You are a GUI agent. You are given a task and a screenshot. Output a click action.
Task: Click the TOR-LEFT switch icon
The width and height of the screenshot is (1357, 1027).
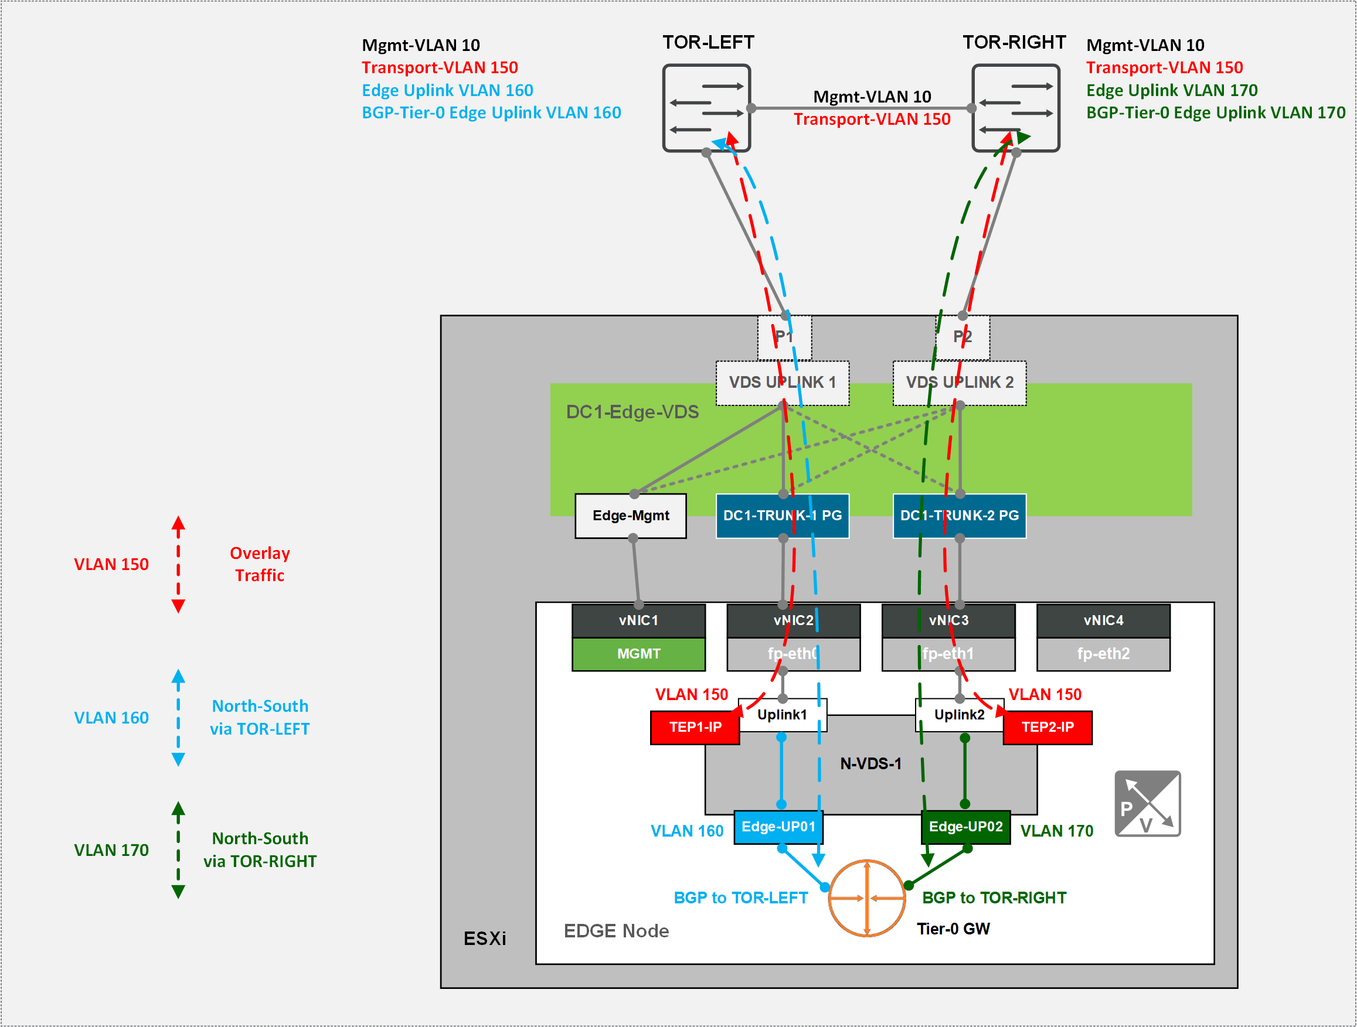pyautogui.click(x=706, y=108)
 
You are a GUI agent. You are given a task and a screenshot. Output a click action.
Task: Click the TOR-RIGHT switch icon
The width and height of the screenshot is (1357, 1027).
pyautogui.click(x=1016, y=108)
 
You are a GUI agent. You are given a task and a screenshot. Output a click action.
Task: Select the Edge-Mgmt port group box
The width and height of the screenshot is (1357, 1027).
pyautogui.click(x=631, y=516)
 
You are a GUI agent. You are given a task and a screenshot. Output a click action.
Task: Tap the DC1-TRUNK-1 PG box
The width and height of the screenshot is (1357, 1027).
pyautogui.click(x=782, y=516)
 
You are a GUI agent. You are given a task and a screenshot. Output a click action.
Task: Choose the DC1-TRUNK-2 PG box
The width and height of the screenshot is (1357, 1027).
pyautogui.click(x=960, y=516)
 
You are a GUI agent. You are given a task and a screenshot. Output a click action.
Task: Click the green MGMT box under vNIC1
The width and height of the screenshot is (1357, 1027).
pyautogui.click(x=638, y=654)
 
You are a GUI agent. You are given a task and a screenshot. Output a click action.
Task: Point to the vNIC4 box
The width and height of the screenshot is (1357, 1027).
pyautogui.click(x=1103, y=620)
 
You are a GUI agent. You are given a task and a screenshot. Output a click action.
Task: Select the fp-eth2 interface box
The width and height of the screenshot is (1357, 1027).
pyautogui.click(x=1103, y=654)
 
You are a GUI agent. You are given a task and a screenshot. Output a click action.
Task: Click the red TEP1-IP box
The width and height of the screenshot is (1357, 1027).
pyautogui.click(x=695, y=727)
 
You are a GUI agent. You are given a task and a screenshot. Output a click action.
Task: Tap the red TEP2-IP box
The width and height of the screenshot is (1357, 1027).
pyautogui.click(x=1047, y=727)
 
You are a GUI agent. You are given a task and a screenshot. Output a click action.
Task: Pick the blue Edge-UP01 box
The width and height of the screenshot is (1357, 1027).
pyautogui.click(x=778, y=827)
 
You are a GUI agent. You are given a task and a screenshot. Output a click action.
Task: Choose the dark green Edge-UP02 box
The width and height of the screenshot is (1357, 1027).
pyautogui.click(x=965, y=827)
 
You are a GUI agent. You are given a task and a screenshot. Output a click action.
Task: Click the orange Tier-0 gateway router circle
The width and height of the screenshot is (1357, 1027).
pyautogui.click(x=867, y=898)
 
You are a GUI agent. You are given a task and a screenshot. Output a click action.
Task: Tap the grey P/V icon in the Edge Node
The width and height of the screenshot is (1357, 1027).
pyautogui.click(x=1147, y=803)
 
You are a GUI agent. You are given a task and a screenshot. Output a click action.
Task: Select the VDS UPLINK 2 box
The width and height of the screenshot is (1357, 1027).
pyautogui.click(x=960, y=383)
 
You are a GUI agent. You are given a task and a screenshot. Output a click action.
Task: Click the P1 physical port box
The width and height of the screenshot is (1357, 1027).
pyautogui.click(x=784, y=337)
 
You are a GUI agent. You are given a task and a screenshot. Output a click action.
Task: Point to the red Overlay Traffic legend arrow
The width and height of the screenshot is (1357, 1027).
pyautogui.click(x=179, y=564)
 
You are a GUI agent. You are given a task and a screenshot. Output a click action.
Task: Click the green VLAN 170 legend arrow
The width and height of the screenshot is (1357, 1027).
pyautogui.click(x=179, y=850)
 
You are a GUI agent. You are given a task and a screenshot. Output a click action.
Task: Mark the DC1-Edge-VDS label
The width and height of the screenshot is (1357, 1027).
pyautogui.click(x=632, y=412)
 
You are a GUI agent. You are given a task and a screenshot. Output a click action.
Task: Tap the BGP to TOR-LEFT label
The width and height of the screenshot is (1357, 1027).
pyautogui.click(x=740, y=898)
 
